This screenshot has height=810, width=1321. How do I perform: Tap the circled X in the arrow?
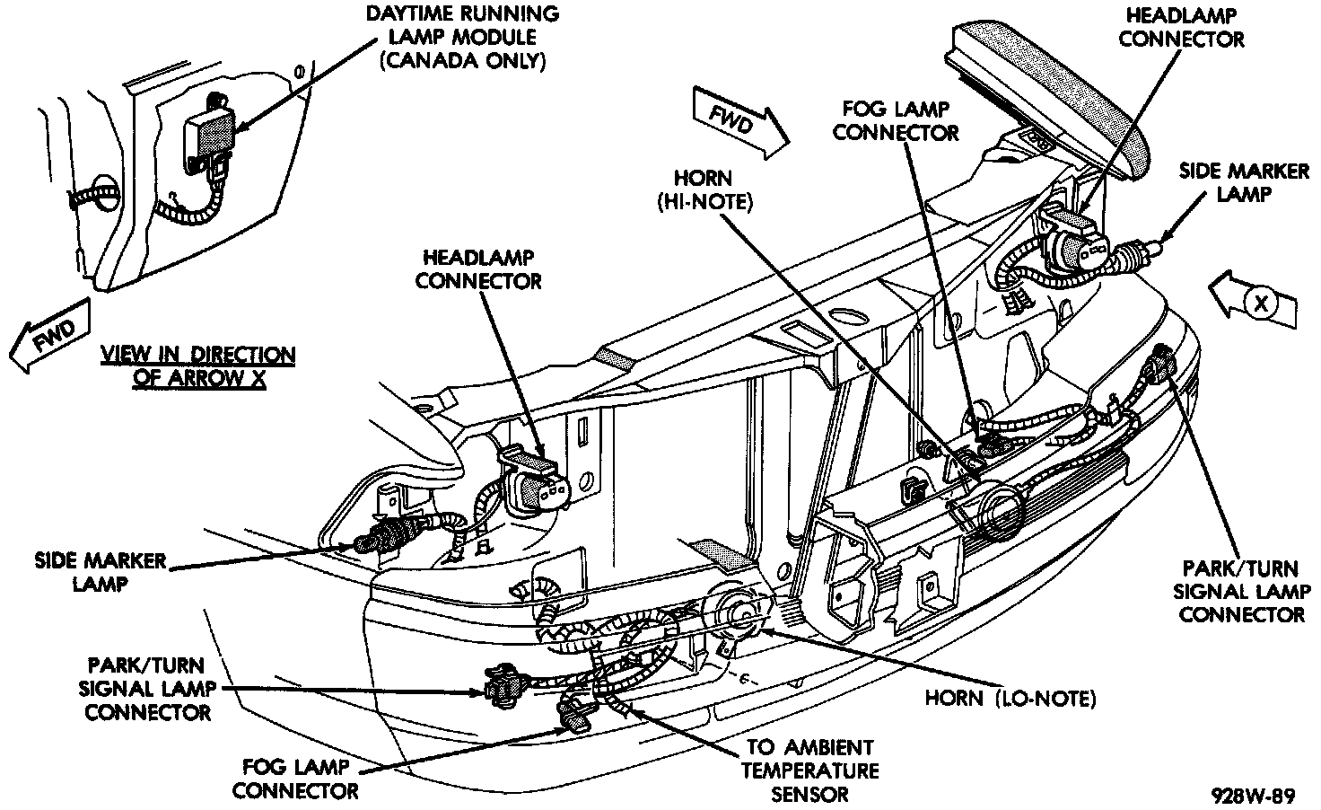(x=1262, y=304)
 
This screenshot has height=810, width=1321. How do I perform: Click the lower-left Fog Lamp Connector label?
(x=301, y=779)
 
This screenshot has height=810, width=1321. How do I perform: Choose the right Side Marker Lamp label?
(x=1243, y=181)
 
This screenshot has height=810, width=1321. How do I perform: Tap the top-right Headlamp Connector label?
(x=1181, y=28)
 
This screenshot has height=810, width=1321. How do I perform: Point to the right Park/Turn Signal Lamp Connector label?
(x=1241, y=592)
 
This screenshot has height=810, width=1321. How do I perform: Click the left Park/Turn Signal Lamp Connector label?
(x=146, y=689)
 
